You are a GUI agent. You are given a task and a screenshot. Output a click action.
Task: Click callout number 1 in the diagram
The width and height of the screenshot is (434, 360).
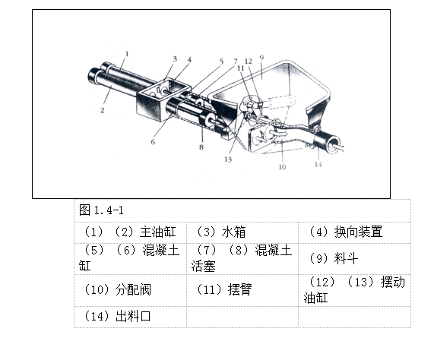pyautogui.click(x=127, y=52)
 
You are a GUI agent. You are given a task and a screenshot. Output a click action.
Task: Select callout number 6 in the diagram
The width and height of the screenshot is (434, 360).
pyautogui.click(x=153, y=141)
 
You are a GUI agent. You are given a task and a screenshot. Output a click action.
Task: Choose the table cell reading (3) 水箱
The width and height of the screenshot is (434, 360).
pyautogui.click(x=220, y=232)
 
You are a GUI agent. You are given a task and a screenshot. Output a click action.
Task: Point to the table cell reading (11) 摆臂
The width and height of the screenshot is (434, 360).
pyautogui.click(x=220, y=289)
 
